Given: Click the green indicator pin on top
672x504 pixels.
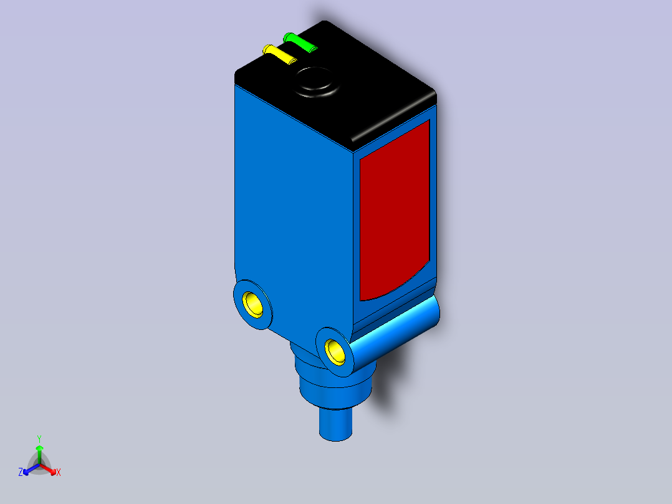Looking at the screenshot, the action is pos(300,42).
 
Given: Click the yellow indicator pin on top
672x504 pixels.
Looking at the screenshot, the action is pos(279,54).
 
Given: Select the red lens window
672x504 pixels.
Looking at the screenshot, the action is pos(394,211).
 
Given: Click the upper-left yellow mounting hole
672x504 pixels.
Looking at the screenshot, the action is pos(253,304).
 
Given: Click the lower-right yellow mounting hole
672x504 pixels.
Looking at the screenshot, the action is pos(335,351).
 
